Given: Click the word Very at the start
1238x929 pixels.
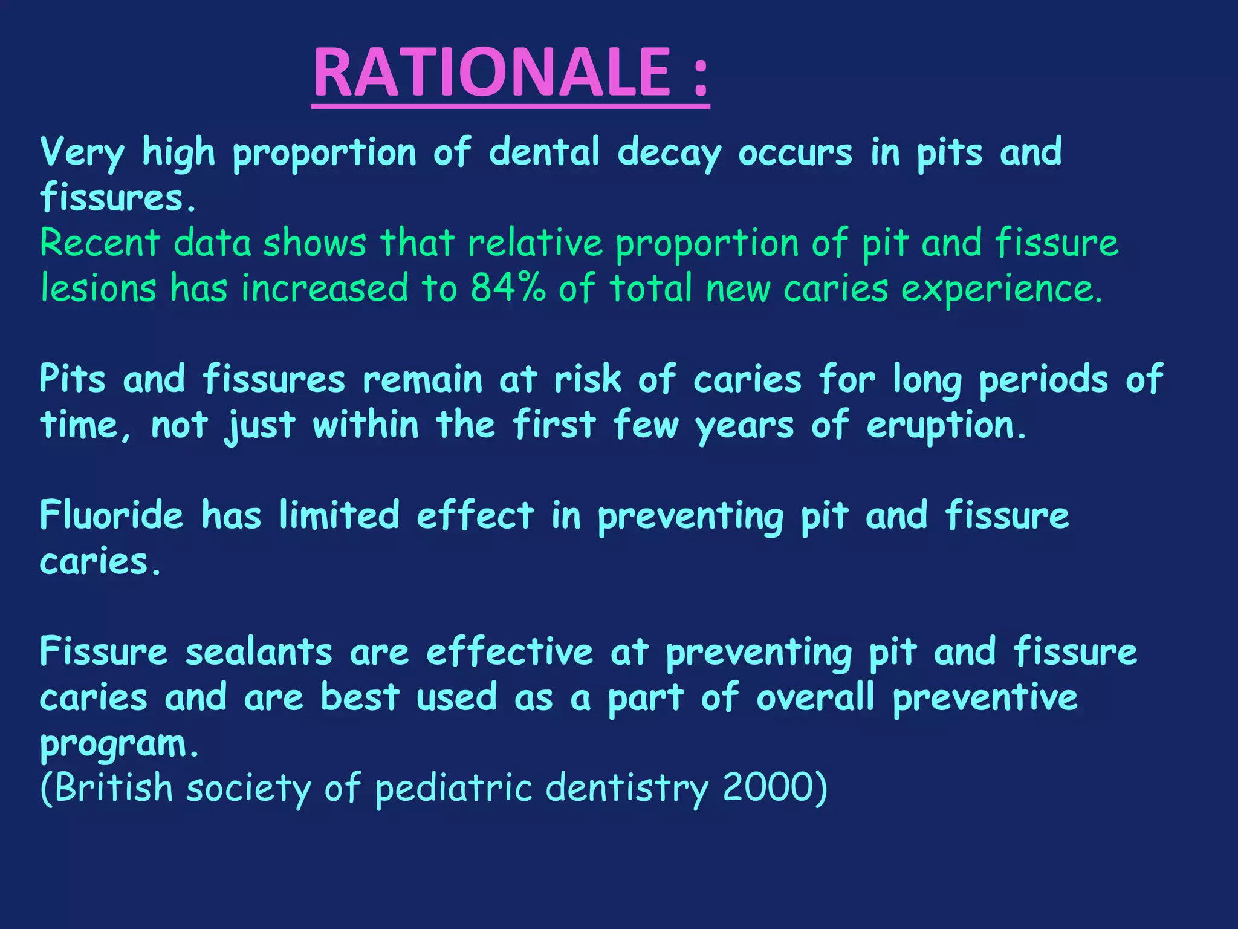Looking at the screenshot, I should click(x=82, y=152).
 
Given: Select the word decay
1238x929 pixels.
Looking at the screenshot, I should click(x=669, y=152).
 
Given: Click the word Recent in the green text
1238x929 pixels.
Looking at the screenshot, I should click(x=100, y=243).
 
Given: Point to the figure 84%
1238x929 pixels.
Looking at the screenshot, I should click(x=508, y=288).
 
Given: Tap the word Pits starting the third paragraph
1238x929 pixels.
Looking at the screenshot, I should click(x=73, y=379).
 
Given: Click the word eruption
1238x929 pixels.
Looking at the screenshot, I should click(x=946, y=425).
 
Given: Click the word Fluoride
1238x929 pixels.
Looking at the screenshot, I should click(x=111, y=515).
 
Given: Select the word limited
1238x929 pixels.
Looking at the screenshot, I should click(x=339, y=515).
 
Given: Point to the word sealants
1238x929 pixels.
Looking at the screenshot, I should click(x=259, y=652).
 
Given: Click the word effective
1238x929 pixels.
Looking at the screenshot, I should click(x=510, y=652).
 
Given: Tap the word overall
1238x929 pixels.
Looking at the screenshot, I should click(x=815, y=697).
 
